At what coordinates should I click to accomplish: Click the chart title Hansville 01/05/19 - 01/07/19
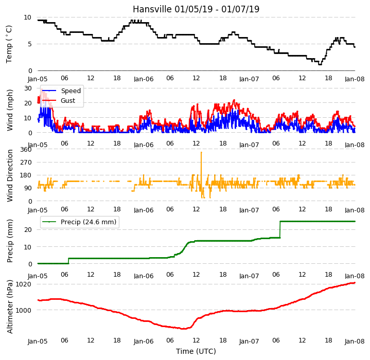196,9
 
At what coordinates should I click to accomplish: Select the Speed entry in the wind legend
61,91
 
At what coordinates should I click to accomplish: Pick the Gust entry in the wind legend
59,101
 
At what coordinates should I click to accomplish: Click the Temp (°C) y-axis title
9,44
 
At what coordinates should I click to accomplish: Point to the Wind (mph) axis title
10,110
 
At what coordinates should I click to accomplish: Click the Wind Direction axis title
10,176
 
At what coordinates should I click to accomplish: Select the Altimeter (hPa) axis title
10,307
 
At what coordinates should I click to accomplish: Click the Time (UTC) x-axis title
196,351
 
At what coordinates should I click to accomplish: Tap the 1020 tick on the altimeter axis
23,284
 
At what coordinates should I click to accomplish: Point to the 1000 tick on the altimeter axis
23,310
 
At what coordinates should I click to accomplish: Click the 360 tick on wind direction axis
26,150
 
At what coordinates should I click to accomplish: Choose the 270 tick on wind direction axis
26,163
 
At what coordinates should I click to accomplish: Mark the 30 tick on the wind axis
28,88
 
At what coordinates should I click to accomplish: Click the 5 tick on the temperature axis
30,44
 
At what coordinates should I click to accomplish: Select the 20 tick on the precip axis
28,229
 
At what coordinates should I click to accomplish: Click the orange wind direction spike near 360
201,165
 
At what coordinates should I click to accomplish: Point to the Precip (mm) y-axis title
10,241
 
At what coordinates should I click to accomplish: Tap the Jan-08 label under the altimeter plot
355,341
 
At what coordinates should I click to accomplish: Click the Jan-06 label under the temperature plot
144,79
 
